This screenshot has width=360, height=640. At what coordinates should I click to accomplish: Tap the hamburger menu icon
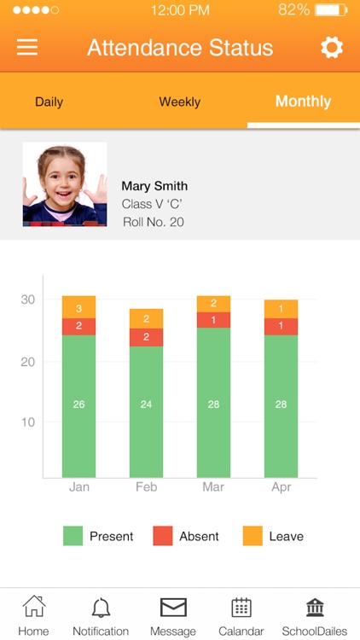[27, 47]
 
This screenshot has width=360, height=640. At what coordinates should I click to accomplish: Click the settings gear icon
[331, 47]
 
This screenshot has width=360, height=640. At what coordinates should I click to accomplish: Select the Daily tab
[49, 102]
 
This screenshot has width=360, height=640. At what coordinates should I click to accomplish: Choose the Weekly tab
[179, 102]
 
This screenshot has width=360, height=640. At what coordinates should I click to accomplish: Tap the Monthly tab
[303, 102]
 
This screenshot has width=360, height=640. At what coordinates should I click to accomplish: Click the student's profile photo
[65, 184]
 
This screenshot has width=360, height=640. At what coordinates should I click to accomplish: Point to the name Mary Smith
[154, 186]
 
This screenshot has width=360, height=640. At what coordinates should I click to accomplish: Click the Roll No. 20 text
[154, 222]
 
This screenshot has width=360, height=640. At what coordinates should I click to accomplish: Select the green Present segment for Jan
[78, 405]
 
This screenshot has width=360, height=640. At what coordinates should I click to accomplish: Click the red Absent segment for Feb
[146, 337]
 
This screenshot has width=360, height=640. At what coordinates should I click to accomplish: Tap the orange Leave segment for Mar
[213, 304]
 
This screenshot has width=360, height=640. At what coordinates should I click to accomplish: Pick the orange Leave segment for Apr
[281, 309]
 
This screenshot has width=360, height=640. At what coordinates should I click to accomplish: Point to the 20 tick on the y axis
[28, 361]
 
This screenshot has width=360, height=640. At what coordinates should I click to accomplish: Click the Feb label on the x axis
[146, 487]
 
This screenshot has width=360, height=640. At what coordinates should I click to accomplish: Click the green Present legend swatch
[73, 536]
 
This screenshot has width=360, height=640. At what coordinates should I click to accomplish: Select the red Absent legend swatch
[163, 536]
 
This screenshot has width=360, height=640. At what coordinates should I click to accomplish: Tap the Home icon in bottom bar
[34, 608]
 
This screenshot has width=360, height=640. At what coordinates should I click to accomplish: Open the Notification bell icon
[101, 608]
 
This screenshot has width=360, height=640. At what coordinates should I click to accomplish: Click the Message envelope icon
[173, 608]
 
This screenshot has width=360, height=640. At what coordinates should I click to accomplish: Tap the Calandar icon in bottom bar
[241, 608]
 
